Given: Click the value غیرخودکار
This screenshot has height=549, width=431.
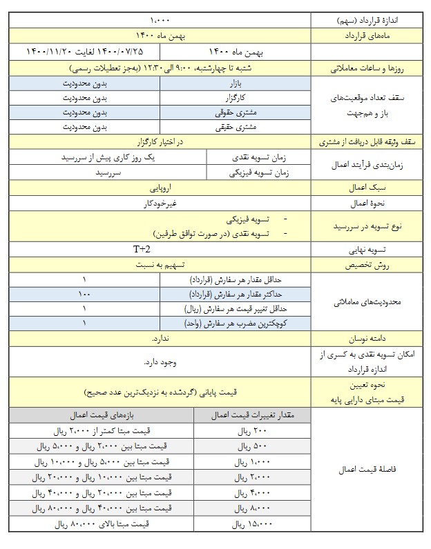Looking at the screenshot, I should pos(160,203).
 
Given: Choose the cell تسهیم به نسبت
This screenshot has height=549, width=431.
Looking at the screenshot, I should pos(160,264).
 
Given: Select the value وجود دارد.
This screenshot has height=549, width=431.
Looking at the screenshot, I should pos(160,362).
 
